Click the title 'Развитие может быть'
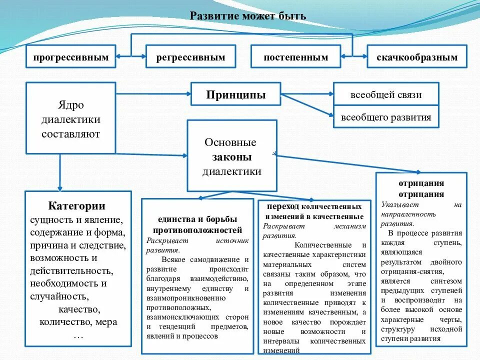pyautogui.click(x=248, y=16)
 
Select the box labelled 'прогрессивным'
pyautogui.click(x=71, y=57)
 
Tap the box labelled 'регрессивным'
pyautogui.click(x=190, y=57)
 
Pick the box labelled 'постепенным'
pyautogui.click(x=296, y=57)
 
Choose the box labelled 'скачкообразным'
pyautogui.click(x=417, y=57)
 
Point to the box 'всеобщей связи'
pyautogui.click(x=385, y=94)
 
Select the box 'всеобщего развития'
pyautogui.click(x=385, y=118)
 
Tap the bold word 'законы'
pyautogui.click(x=231, y=157)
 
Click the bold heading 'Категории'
pyautogui.click(x=77, y=206)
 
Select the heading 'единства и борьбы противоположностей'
pyautogui.click(x=197, y=224)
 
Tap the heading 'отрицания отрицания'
pyautogui.click(x=421, y=188)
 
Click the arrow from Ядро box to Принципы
pyautogui.click(x=153, y=93)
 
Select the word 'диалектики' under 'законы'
pyautogui.click(x=231, y=171)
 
